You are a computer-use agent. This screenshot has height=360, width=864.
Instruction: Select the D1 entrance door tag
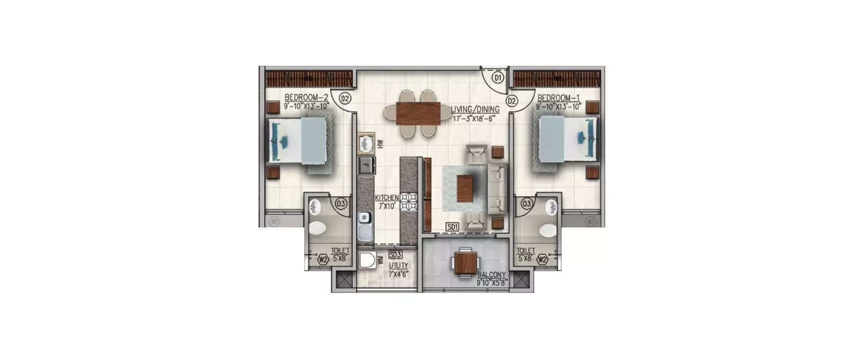pos(499,77)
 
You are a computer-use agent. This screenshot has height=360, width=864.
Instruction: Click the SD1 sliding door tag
pos(452,227)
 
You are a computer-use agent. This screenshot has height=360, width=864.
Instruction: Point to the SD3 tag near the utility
pos(395,254)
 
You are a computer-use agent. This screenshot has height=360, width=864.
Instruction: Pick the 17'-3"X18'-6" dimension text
pos(474,119)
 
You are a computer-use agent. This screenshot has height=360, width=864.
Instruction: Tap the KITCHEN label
pos(387,198)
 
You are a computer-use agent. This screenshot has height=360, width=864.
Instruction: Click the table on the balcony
pos(464,263)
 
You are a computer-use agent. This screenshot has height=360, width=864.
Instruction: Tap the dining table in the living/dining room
pos(419,112)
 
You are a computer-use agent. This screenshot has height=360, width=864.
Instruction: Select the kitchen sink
pos(364,226)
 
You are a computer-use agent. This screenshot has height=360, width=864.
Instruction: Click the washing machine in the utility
pos(367,261)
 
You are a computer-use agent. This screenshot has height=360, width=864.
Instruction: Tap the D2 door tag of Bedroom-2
pos(345,98)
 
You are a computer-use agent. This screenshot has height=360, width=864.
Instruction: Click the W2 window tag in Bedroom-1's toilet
pos(543,260)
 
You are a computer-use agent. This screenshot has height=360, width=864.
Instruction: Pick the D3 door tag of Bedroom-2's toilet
pos(341,203)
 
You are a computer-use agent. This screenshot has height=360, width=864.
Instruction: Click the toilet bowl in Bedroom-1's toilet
pos(548,230)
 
